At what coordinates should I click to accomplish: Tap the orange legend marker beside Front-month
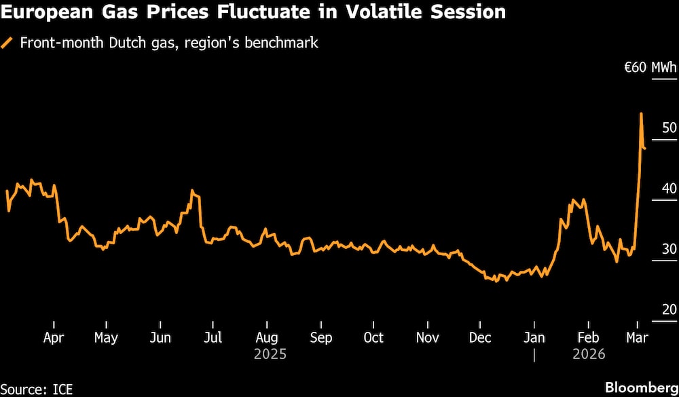coord(8,43)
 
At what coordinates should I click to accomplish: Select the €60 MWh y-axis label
coord(650,67)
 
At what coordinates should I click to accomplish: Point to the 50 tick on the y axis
coord(669,128)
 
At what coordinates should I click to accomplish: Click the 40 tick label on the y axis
coord(669,188)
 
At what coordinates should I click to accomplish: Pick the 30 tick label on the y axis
coord(669,249)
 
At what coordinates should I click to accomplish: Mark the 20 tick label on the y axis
coord(669,309)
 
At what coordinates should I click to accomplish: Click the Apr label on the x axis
coord(53,337)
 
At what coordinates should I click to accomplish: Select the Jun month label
coord(160,337)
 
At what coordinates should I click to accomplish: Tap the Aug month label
coord(267,337)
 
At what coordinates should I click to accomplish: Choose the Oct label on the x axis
coord(373,337)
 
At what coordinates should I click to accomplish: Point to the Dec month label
coord(480,337)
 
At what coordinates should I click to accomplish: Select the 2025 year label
coord(270,354)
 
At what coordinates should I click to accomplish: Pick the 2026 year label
coord(588,354)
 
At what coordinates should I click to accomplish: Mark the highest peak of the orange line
coord(641,113)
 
